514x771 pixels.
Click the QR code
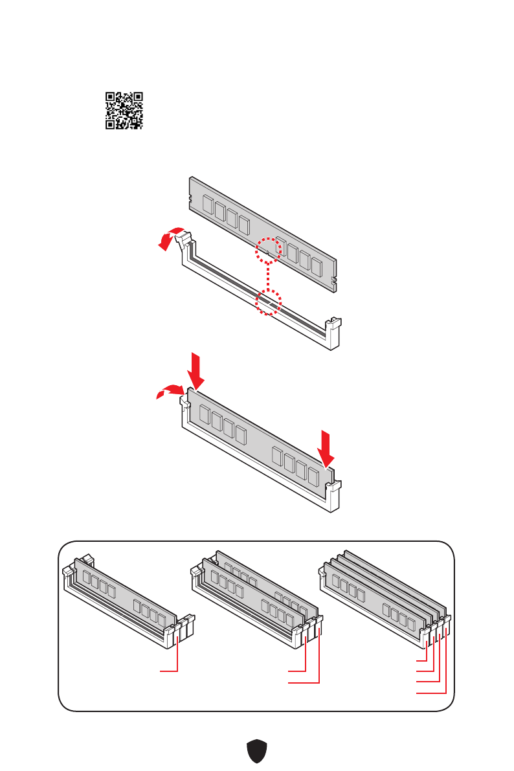pos(124,111)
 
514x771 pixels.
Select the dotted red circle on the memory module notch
pos(269,250)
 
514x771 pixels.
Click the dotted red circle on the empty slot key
pos(268,302)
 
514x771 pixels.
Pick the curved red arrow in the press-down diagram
pos(169,391)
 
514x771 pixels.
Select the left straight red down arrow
pos(196,369)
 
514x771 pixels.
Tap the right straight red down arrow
pos(328,446)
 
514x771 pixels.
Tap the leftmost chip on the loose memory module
pos(208,205)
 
